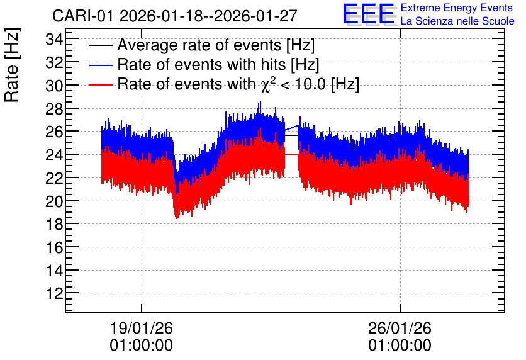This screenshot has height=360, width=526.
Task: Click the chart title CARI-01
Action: [x=83, y=16]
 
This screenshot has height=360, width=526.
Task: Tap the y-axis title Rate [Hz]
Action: [x=12, y=65]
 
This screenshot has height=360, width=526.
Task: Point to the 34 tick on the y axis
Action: [x=54, y=40]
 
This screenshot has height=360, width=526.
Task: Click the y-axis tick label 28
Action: [x=54, y=109]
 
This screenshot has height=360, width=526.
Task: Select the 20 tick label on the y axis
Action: [x=54, y=201]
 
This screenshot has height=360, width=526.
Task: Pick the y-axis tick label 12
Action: [x=54, y=293]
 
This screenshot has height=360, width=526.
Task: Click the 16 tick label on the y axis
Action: [x=54, y=247]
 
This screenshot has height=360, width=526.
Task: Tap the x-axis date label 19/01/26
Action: [x=141, y=328]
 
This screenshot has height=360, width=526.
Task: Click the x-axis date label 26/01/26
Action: [x=400, y=328]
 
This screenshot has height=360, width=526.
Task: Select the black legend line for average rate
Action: [x=100, y=45]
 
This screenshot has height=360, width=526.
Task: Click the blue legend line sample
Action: [x=100, y=65]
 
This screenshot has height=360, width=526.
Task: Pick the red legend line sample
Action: [x=100, y=84]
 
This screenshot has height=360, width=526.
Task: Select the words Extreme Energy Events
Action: [x=457, y=8]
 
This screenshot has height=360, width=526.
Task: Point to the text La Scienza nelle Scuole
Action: [x=457, y=21]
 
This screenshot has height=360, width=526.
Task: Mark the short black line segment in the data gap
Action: [x=291, y=135]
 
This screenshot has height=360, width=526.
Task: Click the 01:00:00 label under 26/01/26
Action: [x=400, y=345]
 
